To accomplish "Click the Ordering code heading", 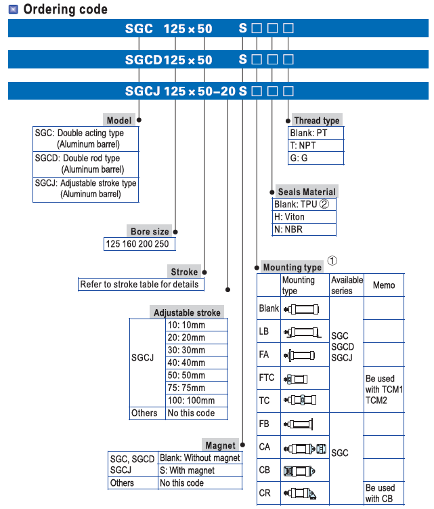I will coord(65,9).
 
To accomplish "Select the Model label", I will coord(119,120).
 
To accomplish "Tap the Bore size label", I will coord(150,231).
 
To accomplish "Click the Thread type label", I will coord(317,121).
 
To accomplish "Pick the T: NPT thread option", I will coord(303,146).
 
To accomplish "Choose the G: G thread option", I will coord(299,158).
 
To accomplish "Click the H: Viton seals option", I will coord(290,217).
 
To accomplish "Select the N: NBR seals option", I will coord(288,229).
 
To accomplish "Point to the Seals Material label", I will coord(307,192).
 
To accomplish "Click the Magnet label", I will coord(221,445).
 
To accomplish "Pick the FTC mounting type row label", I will coord(267,378).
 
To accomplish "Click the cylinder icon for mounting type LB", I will coord(303,332).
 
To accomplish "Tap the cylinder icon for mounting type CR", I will coord(303,492).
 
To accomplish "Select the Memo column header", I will coord(384,285).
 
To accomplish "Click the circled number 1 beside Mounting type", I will coord(332,260).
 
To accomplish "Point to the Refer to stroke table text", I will coord(139,284).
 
